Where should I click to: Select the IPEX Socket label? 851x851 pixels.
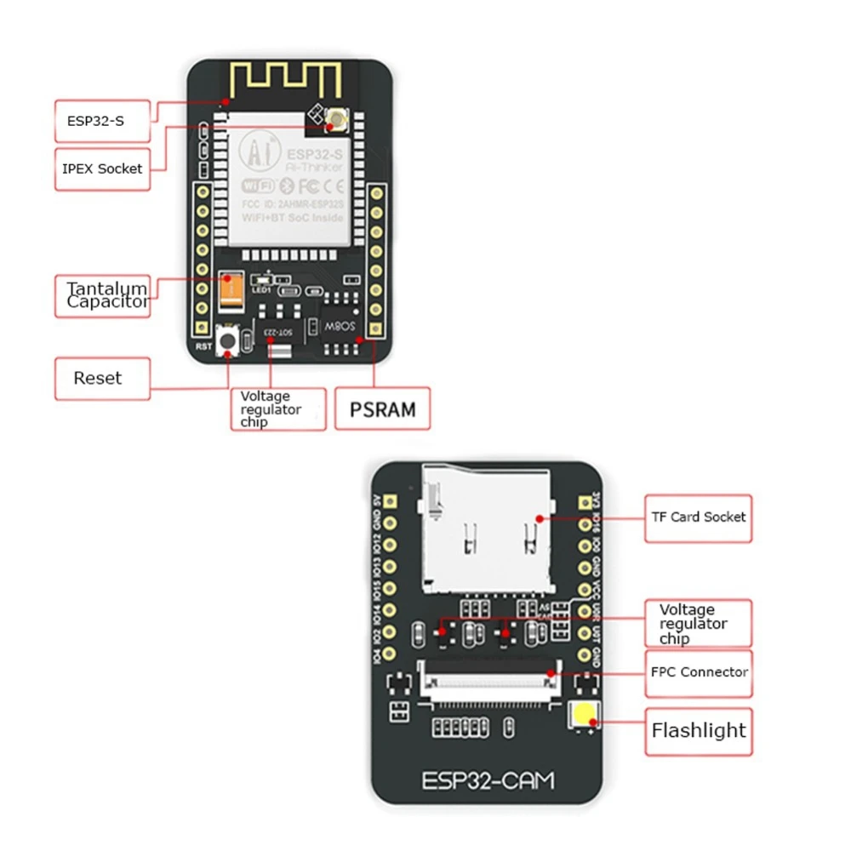101,168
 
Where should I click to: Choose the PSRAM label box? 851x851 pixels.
383,409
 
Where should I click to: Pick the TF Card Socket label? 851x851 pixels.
698,517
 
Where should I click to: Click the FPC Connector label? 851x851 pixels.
699,672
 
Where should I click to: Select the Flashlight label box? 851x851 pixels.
699,731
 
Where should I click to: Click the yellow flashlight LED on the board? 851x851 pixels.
585,717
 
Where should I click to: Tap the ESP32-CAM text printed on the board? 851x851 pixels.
488,780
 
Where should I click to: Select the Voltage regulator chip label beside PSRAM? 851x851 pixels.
277,409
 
